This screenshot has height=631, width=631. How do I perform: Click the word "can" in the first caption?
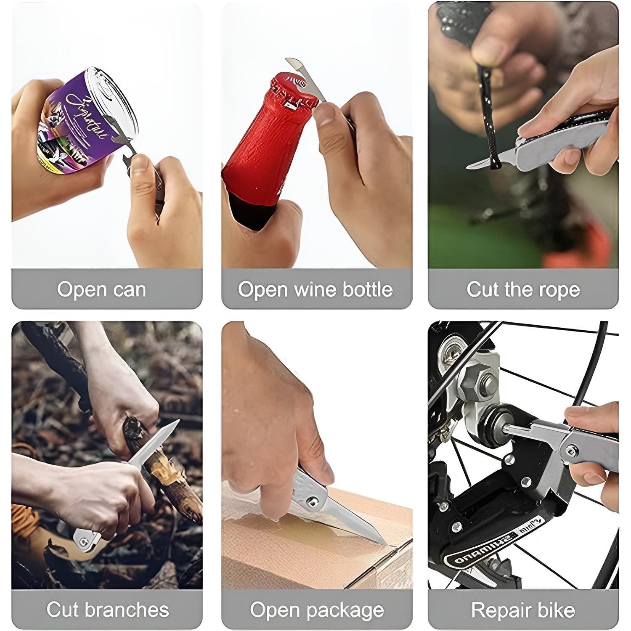130,290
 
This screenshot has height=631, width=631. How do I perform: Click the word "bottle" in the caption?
367,289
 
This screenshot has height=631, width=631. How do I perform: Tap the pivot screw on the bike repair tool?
571,451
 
